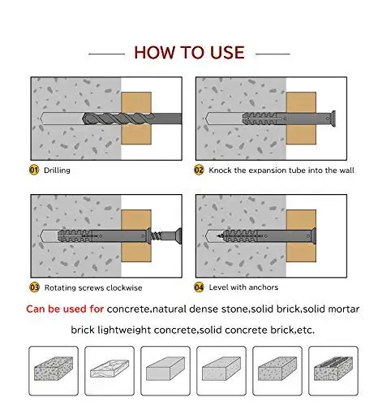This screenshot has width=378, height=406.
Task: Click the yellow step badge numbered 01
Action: tap(34, 170)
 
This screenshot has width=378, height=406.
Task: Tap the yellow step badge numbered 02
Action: tap(199, 170)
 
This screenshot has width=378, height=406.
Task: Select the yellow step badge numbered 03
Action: tap(34, 287)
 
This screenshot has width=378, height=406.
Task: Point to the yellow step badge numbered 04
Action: tap(199, 287)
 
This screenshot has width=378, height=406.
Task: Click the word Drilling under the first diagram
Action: tap(57, 171)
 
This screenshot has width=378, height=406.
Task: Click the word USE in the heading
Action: tap(227, 53)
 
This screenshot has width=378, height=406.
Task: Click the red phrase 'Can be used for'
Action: tap(65, 309)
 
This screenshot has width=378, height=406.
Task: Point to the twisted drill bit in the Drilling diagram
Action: tap(118, 119)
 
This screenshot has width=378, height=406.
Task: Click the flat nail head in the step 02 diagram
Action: tap(333, 119)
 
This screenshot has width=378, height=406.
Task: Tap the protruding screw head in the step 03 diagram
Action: tap(178, 235)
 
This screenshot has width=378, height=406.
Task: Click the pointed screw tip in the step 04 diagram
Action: tap(219, 236)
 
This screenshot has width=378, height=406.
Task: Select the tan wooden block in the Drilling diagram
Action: tap(136, 118)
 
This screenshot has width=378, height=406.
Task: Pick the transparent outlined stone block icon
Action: tap(110, 369)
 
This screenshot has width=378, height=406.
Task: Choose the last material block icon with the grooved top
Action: tap(333, 369)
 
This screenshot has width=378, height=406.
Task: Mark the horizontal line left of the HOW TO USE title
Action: tap(106, 54)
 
